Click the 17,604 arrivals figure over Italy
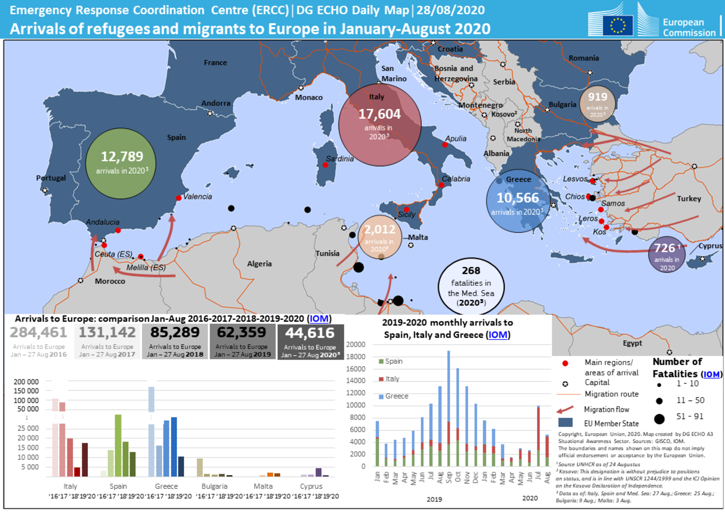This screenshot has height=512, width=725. (x=379, y=114)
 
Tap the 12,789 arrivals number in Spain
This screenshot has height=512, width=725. (x=122, y=157)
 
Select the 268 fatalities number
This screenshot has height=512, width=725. (x=471, y=271)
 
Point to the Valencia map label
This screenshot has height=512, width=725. (x=197, y=197)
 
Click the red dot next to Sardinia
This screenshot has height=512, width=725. (x=325, y=165)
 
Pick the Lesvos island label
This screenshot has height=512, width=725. (x=575, y=179)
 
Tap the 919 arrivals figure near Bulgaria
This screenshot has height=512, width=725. (x=598, y=97)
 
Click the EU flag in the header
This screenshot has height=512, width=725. (x=617, y=25)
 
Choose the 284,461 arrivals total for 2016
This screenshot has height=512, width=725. (x=38, y=333)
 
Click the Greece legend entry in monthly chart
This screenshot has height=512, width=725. (x=396, y=396)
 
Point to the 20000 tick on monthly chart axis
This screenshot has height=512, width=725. (x=356, y=345)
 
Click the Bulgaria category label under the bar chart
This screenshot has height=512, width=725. (x=214, y=486)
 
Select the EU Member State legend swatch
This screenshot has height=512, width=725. (x=565, y=423)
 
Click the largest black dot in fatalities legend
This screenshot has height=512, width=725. (x=659, y=419)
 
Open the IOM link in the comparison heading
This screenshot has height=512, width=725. (x=319, y=319)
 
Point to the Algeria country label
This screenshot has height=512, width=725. (x=259, y=264)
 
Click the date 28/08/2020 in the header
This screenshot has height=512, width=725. (x=450, y=10)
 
